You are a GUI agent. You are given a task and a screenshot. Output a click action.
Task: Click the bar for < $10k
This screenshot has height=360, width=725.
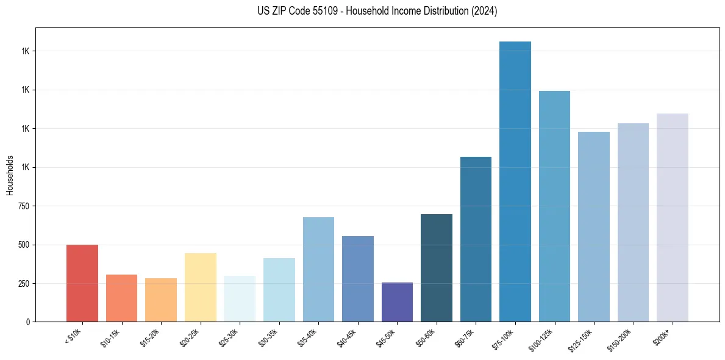[x=82, y=283]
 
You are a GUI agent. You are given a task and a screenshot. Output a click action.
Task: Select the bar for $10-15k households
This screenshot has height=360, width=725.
[x=121, y=298]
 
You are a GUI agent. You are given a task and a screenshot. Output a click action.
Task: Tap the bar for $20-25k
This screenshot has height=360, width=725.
[x=200, y=287]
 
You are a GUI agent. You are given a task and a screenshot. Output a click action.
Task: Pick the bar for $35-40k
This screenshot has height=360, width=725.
[x=318, y=269]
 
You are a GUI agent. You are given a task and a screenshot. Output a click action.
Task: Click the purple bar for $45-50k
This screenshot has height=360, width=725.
[x=397, y=302]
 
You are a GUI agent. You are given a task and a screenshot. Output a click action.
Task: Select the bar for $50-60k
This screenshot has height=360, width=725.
[x=437, y=268]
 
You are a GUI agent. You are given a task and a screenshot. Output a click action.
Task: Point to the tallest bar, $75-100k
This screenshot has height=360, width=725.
[x=515, y=181]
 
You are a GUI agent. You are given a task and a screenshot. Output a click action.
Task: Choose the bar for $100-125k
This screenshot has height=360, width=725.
[x=554, y=206]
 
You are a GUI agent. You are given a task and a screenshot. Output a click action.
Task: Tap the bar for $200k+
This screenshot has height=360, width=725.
[x=673, y=217]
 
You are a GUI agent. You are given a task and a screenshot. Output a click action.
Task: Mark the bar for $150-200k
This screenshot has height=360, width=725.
[x=633, y=222]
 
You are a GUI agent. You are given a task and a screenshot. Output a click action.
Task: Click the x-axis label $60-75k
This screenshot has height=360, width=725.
[x=466, y=337]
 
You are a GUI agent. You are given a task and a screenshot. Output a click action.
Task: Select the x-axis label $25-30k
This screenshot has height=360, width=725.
[x=230, y=337]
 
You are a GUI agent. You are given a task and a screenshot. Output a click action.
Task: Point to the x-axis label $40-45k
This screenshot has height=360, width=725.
[x=348, y=337]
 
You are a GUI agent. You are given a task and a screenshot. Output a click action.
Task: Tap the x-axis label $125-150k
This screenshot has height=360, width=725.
[x=584, y=339]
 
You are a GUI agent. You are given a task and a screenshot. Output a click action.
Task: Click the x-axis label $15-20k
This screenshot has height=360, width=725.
[x=151, y=337]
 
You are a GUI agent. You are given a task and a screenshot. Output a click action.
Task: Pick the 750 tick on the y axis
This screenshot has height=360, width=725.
[x=23, y=206]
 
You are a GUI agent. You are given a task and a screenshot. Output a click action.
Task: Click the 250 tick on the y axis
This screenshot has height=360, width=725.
[x=23, y=284]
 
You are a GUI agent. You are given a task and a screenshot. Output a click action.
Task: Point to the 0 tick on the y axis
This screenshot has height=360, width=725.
[x=27, y=322]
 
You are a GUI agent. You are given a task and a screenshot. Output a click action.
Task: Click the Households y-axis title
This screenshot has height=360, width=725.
[x=10, y=175]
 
